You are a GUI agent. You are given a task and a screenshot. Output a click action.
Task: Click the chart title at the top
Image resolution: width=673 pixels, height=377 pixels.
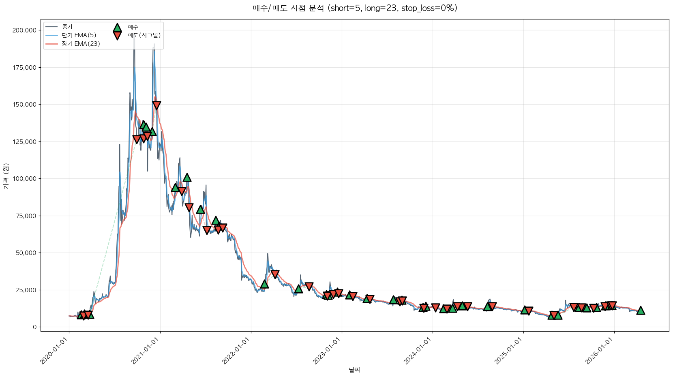[355, 8]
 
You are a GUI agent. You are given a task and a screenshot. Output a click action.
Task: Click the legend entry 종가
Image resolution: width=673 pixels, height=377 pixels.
[67, 27]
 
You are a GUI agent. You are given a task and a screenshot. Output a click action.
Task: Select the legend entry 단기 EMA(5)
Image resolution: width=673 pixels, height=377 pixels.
[79, 35]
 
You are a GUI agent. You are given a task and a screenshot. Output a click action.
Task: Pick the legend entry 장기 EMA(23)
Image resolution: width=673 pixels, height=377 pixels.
[81, 44]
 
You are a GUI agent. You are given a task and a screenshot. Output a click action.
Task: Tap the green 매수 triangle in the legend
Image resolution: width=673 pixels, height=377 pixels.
[117, 28]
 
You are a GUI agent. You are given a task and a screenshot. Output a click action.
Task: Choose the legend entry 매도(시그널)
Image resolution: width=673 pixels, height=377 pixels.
[144, 35]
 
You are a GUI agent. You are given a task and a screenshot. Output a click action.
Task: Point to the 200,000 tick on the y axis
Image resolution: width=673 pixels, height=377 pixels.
[24, 30]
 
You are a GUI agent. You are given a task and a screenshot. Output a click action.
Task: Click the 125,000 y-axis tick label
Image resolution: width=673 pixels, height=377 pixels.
[24, 141]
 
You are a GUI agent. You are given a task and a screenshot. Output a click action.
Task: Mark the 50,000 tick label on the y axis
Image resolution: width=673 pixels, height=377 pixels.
[26, 253]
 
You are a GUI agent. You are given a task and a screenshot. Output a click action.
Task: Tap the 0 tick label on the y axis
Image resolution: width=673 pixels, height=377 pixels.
[35, 327]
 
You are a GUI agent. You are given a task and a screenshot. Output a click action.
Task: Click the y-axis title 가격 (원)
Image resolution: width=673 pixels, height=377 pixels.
[6, 176]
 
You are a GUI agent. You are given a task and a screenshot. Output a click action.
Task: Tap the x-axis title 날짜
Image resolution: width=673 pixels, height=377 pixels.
[354, 370]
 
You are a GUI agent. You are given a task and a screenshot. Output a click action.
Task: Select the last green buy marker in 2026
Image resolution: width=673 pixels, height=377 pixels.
[641, 311]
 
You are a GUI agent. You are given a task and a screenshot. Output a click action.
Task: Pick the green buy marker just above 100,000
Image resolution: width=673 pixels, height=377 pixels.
[187, 177]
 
